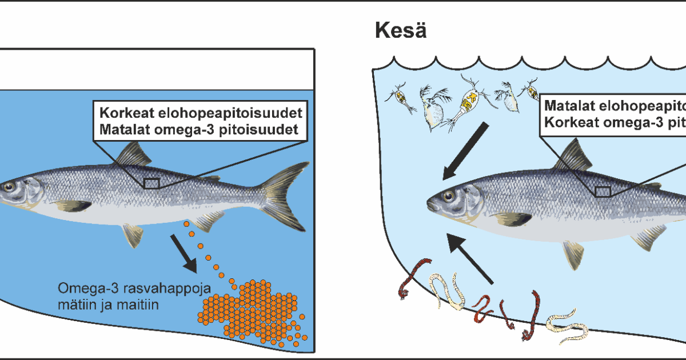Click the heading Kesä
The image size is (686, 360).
[x=400, y=31]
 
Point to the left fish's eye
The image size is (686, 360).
[x=8, y=186]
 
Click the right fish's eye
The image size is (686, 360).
[x=446, y=196]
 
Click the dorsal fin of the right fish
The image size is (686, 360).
[x=573, y=157]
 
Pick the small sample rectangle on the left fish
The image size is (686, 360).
[x=151, y=183]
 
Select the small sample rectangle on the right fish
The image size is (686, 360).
[x=603, y=191]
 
